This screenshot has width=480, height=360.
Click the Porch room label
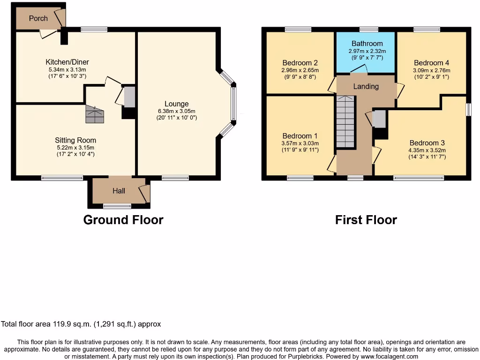tap(38, 18)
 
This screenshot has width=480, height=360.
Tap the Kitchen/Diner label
tap(67, 62)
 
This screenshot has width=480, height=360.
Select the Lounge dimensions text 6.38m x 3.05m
tap(176, 111)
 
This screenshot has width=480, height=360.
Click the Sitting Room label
tap(75, 140)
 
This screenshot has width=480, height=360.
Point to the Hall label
tap(119, 191)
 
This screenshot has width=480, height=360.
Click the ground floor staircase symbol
tap(94, 114)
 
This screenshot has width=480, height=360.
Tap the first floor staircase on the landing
tap(346, 122)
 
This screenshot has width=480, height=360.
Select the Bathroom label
tap(367, 44)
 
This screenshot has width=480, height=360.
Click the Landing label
tap(366, 86)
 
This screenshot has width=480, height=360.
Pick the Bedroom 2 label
tap(300, 63)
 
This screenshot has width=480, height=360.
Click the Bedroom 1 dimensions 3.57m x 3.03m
tap(300, 143)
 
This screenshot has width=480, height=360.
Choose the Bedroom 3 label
tap(427, 143)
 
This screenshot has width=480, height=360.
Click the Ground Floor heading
tap(123, 220)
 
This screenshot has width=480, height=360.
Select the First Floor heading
tap(366, 220)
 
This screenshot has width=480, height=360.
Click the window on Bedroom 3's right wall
tap(468, 109)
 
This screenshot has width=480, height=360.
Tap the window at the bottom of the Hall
tap(117, 205)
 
